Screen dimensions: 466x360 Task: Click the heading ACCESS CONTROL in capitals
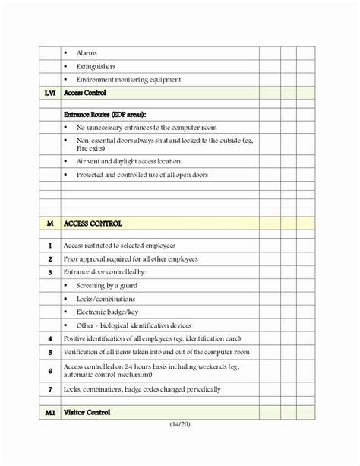click(94, 223)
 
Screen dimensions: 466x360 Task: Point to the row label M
click(49, 223)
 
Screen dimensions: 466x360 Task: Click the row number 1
click(49, 246)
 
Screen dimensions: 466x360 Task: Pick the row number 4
click(49, 338)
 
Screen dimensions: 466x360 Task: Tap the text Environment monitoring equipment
click(129, 79)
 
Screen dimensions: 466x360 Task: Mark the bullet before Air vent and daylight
click(67, 161)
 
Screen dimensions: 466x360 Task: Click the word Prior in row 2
click(72, 258)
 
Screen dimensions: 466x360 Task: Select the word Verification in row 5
click(84, 352)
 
